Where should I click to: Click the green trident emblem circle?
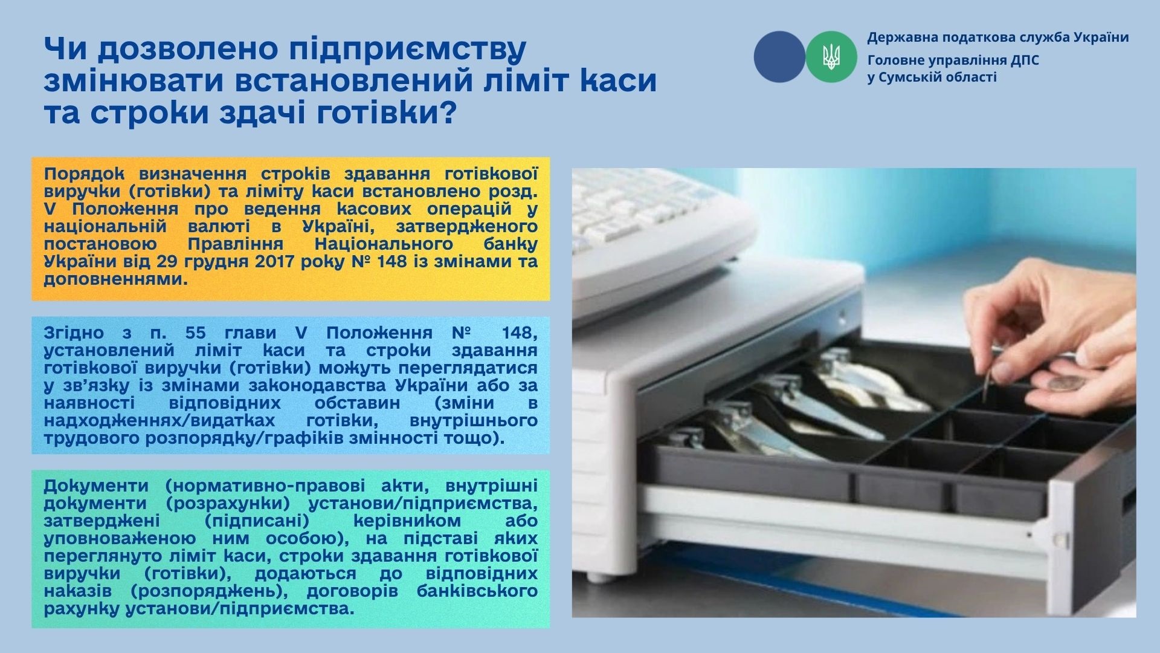click(x=831, y=57)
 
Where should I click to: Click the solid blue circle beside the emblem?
click(x=779, y=57)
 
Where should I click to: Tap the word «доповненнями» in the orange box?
click(x=115, y=280)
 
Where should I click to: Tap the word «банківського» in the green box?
click(x=477, y=591)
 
